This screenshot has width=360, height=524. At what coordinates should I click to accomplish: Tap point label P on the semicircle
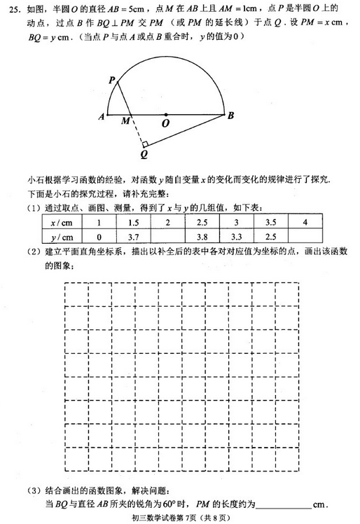pos(111,81)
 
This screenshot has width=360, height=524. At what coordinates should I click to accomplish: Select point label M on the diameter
pos(125,121)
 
